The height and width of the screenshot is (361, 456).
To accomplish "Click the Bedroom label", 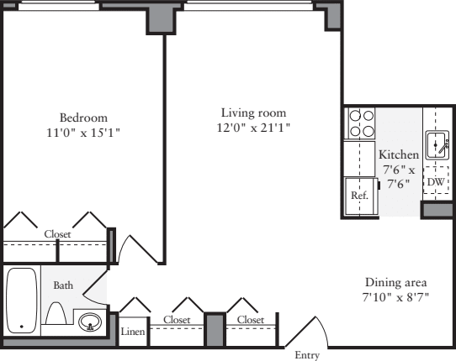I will click(x=84, y=117).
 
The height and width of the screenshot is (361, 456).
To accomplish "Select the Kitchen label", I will click(x=398, y=155).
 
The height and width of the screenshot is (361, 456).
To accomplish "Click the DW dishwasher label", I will click(x=435, y=182).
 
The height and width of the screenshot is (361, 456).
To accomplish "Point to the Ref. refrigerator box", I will click(x=359, y=194).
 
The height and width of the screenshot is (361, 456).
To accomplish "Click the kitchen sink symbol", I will click(x=436, y=145).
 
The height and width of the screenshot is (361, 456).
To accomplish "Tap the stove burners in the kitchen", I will click(x=362, y=124).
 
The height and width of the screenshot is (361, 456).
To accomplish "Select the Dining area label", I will click(x=396, y=282).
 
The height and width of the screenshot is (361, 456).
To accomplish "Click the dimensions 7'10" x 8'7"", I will click(x=396, y=297).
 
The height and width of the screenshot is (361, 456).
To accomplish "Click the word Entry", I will click(x=307, y=356).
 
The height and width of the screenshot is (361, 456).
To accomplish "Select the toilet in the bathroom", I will click(x=56, y=314).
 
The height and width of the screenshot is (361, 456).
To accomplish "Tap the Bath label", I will click(x=63, y=285).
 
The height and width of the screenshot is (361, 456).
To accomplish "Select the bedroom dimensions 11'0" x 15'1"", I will click(x=84, y=132).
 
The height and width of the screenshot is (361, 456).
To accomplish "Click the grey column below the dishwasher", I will click(x=437, y=210).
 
